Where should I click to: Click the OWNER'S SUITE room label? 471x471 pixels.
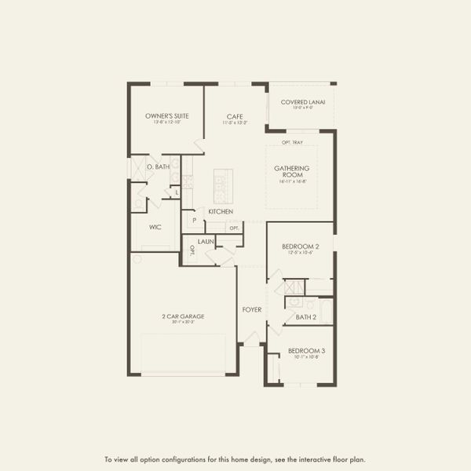pos(167,116)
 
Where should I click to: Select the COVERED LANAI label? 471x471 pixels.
pos(302,102)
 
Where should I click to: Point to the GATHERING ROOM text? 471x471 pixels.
pos(291,171)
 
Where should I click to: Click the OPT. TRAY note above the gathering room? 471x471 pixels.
pos(292,143)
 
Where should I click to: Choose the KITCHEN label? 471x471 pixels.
pos(220,212)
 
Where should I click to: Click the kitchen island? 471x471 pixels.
pos(223,186)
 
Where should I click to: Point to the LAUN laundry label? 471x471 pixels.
pos(206,242)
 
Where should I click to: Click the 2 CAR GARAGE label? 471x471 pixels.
pos(183,316)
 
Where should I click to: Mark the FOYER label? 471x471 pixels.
pos(252,309)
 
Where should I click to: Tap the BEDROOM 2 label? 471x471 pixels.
pos(299,246)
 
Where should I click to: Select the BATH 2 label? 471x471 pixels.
pos(306,317)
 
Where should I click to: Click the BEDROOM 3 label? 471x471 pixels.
pos(305,350)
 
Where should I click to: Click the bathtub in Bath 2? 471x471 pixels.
pos(325,312)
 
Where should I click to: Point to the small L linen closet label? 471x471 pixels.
pos(177,192)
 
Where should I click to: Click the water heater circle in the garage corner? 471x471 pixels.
pos(136,258)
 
